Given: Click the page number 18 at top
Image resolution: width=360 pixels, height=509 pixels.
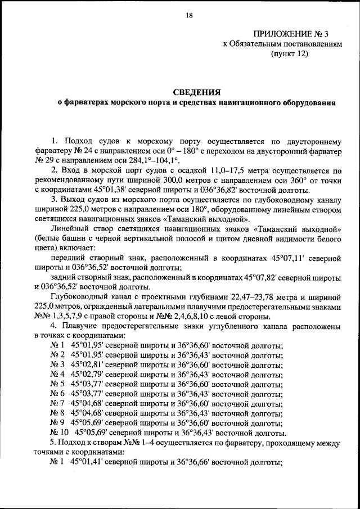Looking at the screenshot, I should (x=188, y=16).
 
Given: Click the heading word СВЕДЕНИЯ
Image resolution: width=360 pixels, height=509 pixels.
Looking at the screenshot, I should (x=196, y=91).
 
